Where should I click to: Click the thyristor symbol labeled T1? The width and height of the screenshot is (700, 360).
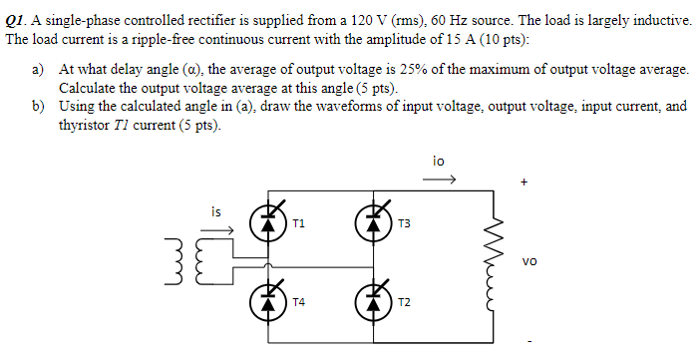[x=267, y=222]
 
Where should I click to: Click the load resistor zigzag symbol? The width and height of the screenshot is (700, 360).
[x=492, y=262]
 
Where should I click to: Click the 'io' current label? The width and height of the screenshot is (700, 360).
[x=439, y=160]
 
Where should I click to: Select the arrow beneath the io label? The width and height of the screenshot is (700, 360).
[x=440, y=180]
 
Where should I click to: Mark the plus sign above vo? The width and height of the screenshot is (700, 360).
[x=523, y=183]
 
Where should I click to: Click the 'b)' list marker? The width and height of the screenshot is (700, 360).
[x=39, y=106]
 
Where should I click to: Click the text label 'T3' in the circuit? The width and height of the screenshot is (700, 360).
[x=403, y=225]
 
